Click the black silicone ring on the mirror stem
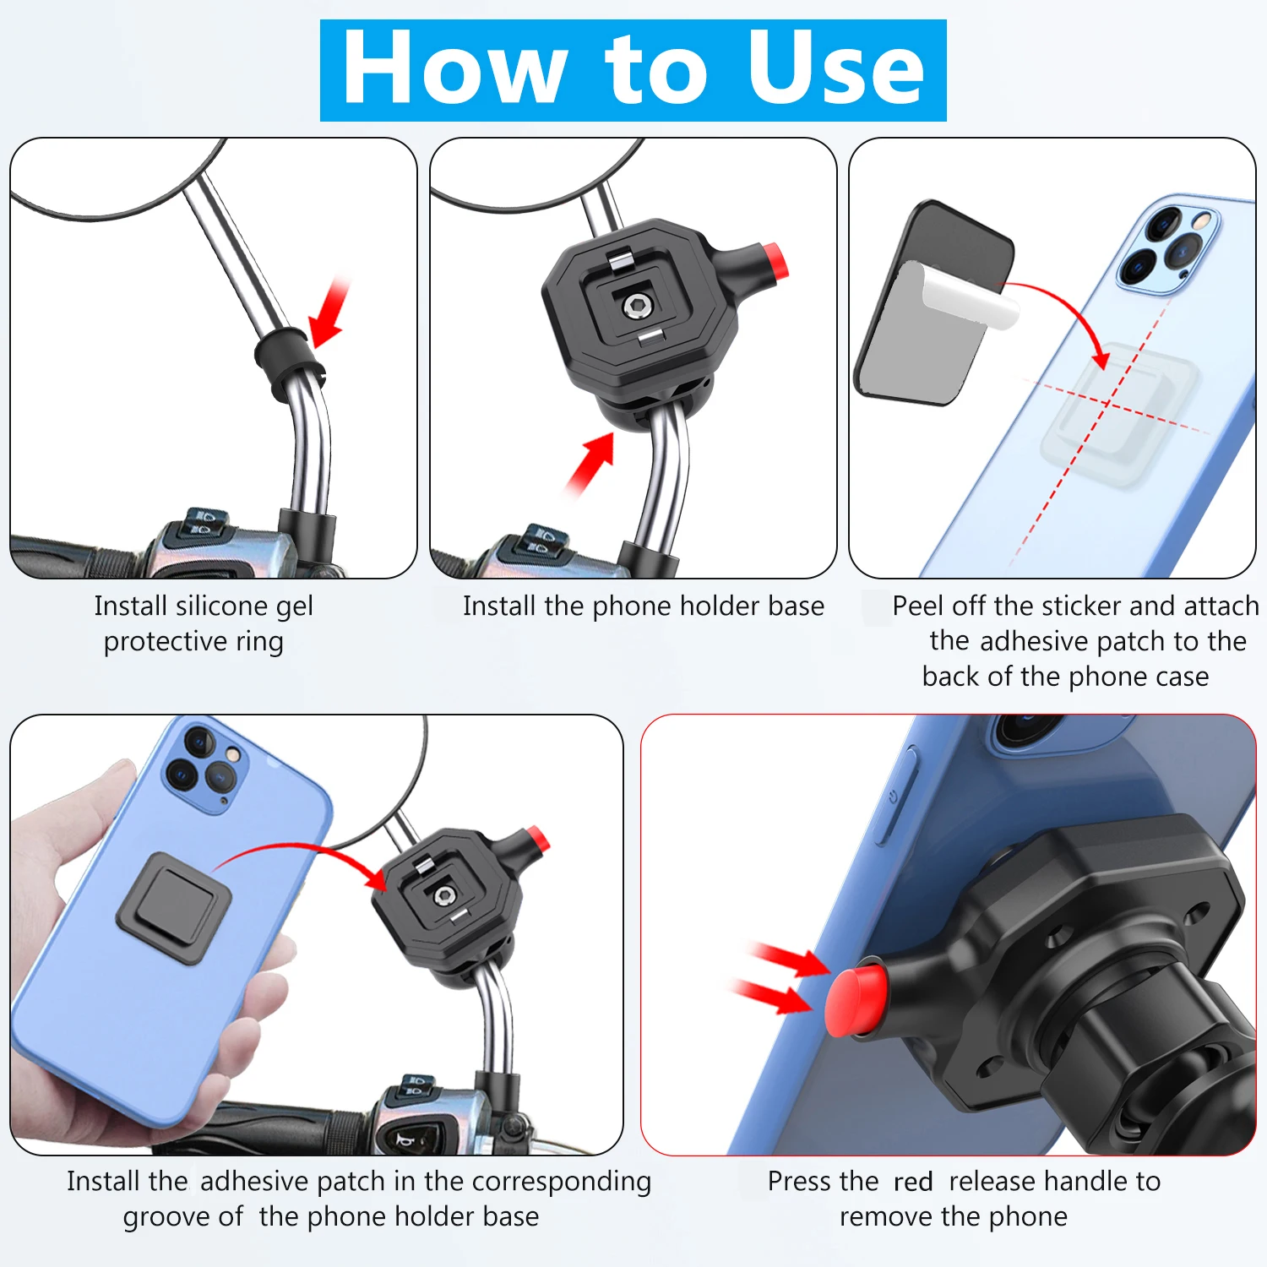tap(287, 362)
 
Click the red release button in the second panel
tap(775, 260)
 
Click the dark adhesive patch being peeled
tap(933, 302)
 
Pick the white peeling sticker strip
tap(967, 297)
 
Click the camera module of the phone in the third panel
tap(1168, 245)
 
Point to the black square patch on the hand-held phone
tap(173, 908)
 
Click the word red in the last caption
tap(913, 1182)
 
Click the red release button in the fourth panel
tap(537, 840)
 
